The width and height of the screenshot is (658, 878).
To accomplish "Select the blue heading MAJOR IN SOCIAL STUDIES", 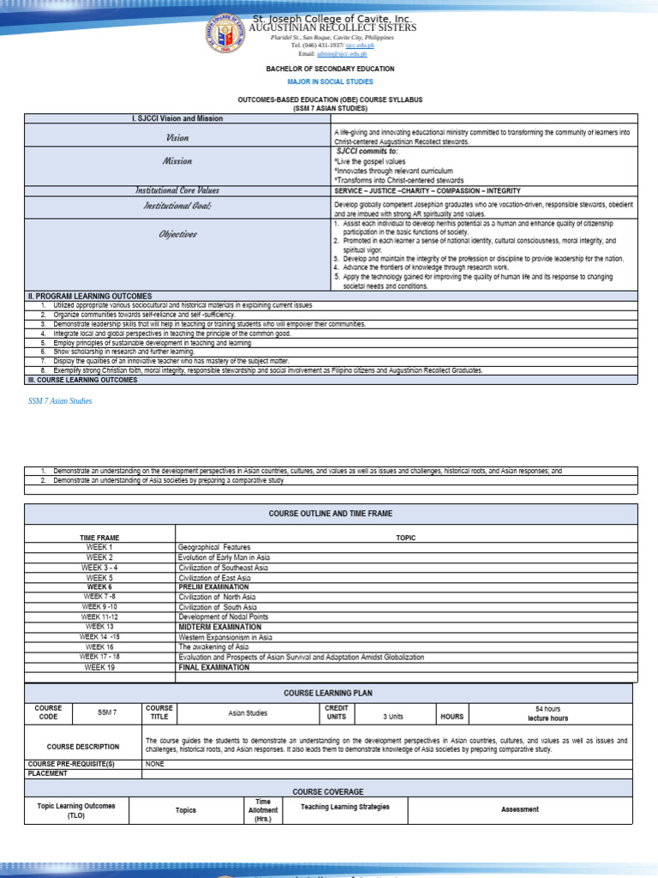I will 330,82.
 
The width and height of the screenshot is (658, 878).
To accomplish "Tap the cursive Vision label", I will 177,137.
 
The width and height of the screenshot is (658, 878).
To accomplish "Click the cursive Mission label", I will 177,161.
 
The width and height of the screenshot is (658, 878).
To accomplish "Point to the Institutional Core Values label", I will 177,190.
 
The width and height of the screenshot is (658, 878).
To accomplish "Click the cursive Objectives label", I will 177,234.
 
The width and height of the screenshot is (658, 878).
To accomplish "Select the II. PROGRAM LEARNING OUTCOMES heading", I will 89,296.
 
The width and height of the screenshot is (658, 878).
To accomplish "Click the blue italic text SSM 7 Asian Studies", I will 60,401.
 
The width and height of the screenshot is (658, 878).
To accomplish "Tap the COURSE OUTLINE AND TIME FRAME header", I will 330,513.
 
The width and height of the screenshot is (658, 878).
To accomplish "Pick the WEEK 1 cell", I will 99,547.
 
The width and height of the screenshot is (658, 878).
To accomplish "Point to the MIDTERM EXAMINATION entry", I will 220,627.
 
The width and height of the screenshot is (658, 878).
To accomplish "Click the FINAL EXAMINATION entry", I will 214,667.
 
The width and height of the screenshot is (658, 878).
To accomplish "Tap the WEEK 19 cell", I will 99,667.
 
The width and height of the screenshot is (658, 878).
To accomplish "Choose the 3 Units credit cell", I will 392,716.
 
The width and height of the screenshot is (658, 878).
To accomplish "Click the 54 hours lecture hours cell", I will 547,714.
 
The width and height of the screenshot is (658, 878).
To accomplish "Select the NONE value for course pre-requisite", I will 155,763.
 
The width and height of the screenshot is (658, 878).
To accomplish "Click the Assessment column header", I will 519,809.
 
